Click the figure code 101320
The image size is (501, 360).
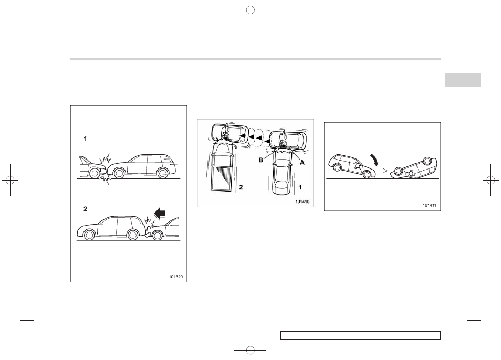(176, 277)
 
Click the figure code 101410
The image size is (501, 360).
(302, 202)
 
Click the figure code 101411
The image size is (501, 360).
(430, 205)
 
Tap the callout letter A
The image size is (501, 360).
(302, 162)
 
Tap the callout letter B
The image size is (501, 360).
(260, 160)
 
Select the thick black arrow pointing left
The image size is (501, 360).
(160, 213)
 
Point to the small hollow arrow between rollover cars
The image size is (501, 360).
(382, 171)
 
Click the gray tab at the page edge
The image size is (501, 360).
(462, 80)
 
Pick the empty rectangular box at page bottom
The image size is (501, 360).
(360, 335)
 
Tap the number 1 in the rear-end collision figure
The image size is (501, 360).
(85, 139)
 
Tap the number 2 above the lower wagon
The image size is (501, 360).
(85, 209)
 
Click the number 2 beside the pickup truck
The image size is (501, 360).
(241, 187)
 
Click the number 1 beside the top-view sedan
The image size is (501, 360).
(300, 187)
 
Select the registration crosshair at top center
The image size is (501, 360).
(250, 10)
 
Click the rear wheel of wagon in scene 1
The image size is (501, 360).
(163, 173)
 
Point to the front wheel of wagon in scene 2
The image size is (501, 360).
(89, 235)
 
